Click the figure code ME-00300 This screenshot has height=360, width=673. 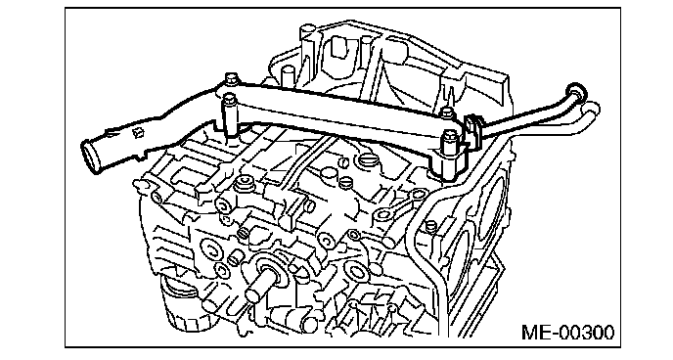[567, 333]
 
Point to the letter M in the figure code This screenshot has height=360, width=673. [529, 333]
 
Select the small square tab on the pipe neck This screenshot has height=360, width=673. [137, 133]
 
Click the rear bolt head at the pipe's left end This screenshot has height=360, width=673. [231, 77]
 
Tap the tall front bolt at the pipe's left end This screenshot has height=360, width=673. [229, 115]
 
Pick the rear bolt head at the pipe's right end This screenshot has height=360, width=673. [447, 112]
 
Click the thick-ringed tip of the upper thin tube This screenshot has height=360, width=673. [575, 91]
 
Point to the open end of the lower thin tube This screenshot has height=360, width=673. [592, 109]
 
